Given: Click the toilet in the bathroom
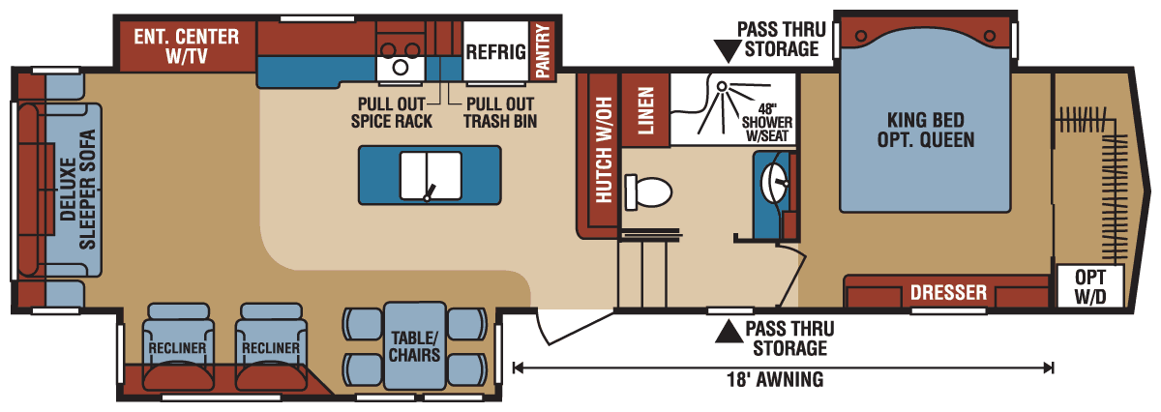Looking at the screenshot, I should coord(648,191).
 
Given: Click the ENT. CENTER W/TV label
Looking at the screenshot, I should coord(187,45).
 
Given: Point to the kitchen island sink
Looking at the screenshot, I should coord(429,172).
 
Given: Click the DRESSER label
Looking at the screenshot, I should coord(948,292).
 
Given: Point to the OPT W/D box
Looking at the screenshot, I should coord(1089,286).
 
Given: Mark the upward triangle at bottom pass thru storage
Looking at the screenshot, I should coord(725,334).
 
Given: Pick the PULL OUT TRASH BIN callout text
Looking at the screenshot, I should coord(500,112).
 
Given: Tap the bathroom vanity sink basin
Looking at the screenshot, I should coord(774,180).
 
